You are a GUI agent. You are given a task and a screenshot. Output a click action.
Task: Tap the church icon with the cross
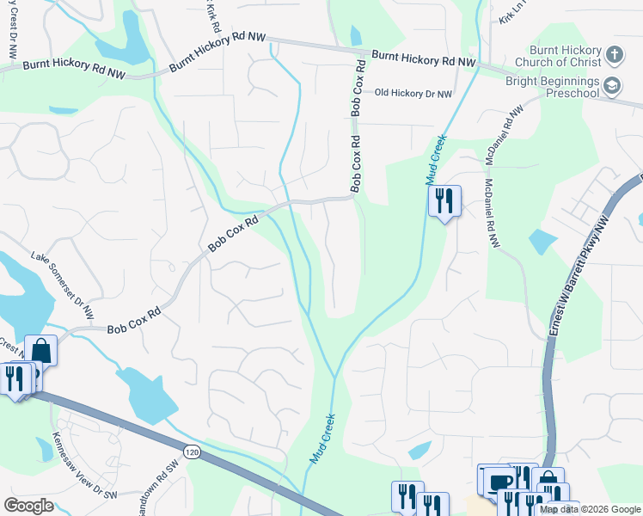614,55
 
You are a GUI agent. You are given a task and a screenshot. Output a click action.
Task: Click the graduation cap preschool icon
612,85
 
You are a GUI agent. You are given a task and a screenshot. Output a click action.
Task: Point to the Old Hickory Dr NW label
412,93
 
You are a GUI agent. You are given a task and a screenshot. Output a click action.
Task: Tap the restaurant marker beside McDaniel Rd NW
444,201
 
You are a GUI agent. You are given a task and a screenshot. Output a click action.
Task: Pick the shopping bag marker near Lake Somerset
41,351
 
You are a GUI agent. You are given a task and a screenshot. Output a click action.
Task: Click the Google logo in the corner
28,506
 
